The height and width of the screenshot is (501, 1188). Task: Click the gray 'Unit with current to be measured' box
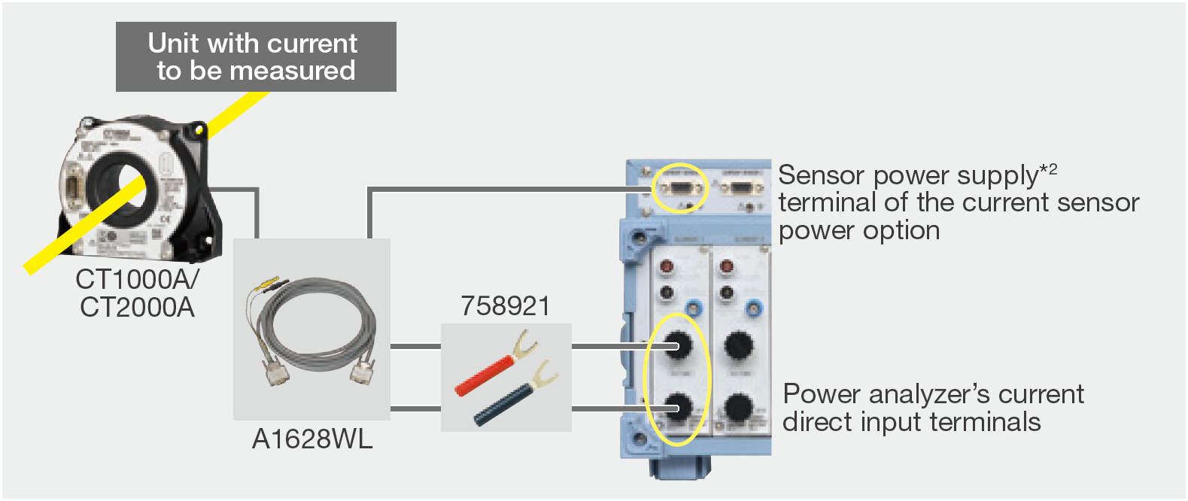point(256,57)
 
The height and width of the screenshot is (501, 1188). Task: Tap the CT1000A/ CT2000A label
point(137,293)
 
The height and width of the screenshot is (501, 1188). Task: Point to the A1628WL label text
point(311,439)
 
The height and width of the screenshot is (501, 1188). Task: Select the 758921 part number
point(506,306)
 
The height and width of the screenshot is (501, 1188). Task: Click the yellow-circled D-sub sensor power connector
point(679,187)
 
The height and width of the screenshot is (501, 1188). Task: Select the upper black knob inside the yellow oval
point(677,346)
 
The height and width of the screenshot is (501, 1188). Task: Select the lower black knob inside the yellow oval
point(677,408)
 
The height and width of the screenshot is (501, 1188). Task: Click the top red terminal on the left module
point(667,266)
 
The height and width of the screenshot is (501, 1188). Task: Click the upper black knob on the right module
point(738,346)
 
